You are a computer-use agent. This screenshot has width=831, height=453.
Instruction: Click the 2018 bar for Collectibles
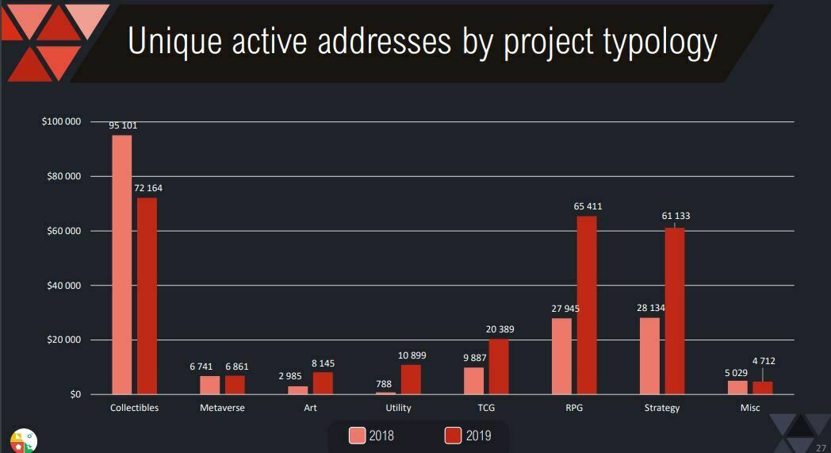click(121, 264)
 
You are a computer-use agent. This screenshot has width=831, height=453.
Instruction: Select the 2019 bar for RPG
click(586, 305)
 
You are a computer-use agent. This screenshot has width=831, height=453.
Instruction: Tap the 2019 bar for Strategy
click(674, 311)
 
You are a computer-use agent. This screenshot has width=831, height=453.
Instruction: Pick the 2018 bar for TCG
click(473, 381)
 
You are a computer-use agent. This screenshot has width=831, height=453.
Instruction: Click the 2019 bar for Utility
click(411, 379)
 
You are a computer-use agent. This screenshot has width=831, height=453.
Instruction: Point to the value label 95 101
click(124, 125)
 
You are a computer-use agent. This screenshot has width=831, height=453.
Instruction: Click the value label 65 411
click(588, 206)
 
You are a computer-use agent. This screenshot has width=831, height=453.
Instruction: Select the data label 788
click(384, 384)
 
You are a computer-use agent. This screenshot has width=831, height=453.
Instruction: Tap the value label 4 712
click(764, 361)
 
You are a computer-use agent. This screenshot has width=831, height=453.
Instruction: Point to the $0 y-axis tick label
click(75, 394)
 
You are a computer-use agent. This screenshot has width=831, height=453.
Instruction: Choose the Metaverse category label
click(222, 408)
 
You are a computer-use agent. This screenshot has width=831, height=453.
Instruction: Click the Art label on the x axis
click(310, 408)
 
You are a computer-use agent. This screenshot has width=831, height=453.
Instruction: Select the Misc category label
click(749, 408)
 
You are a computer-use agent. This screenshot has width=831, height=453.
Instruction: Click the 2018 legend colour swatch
click(358, 436)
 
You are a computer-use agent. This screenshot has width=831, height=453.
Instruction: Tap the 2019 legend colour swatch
click(453, 436)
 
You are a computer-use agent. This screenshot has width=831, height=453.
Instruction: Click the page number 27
click(821, 447)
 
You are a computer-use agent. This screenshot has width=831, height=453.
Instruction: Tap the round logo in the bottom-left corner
click(23, 440)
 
